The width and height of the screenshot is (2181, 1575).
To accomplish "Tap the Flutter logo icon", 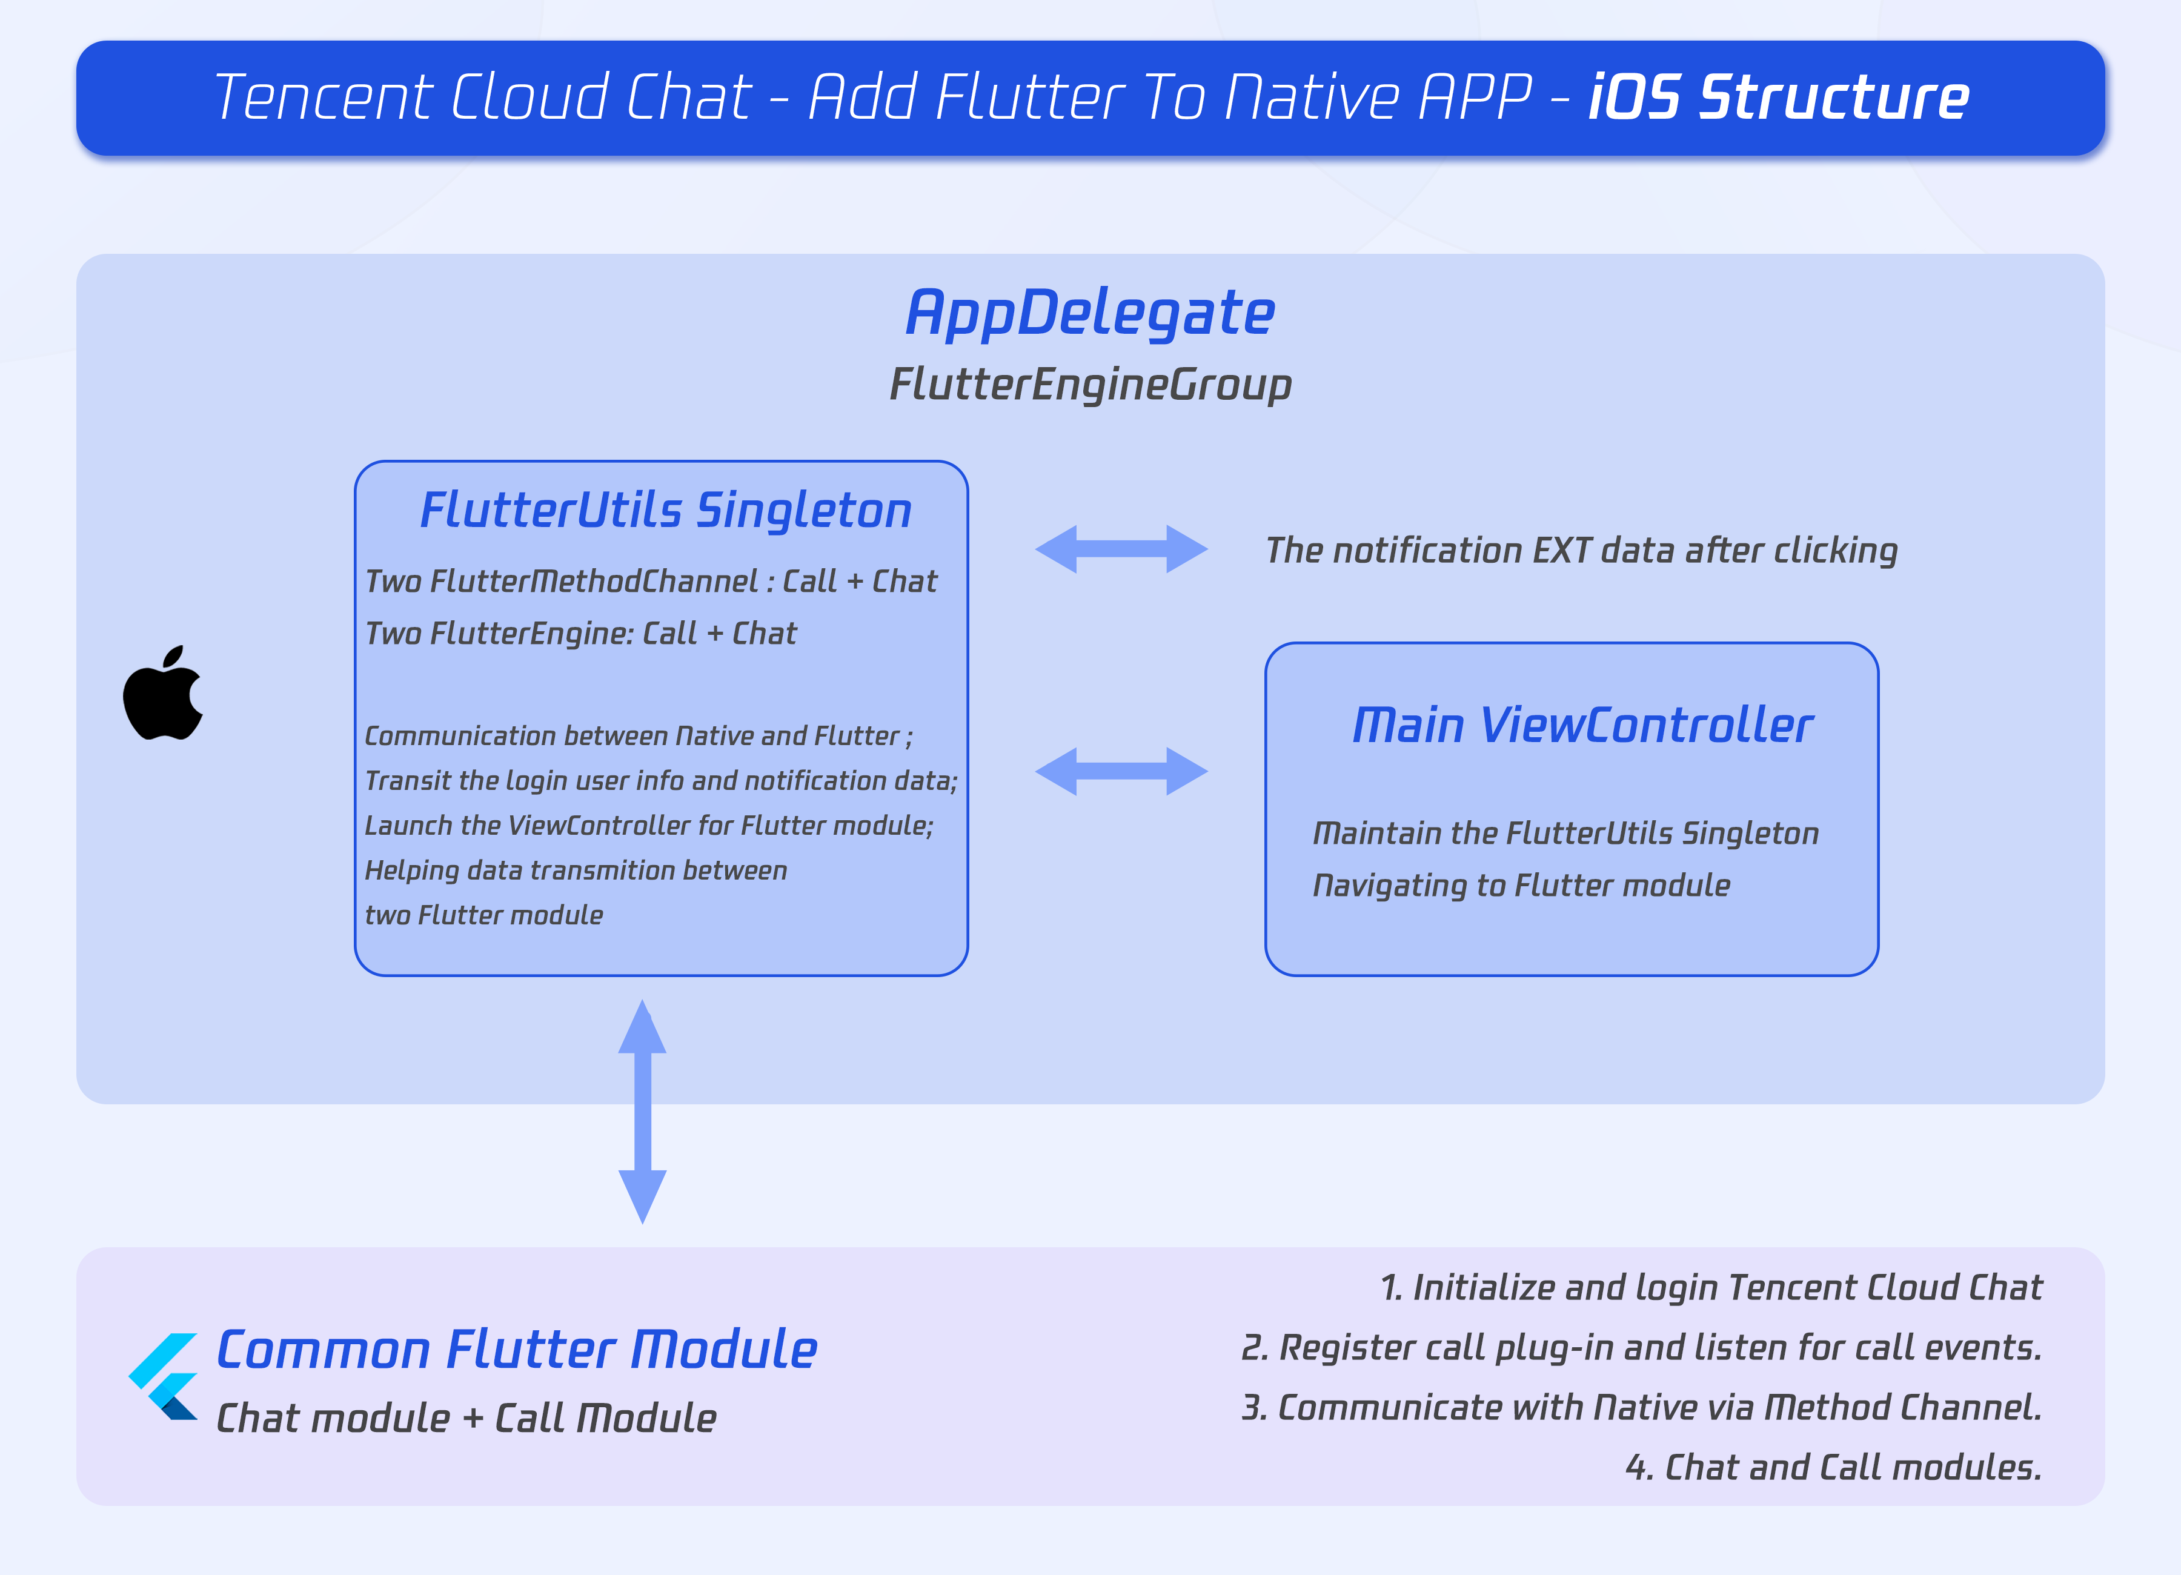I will [x=164, y=1376].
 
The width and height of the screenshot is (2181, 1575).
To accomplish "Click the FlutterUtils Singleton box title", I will [x=665, y=509].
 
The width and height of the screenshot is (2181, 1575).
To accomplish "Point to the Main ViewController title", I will [x=1582, y=725].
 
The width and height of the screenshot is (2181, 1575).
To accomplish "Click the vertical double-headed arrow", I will [x=642, y=1112].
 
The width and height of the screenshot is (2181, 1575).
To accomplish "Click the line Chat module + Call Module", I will [x=466, y=1418].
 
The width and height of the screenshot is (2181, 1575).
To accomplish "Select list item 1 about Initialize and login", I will [x=1711, y=1287].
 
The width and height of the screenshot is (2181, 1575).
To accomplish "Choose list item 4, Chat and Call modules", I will [x=1833, y=1467].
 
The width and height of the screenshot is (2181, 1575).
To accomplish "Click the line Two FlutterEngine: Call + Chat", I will [x=581, y=634].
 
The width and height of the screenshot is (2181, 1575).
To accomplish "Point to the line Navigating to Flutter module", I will [x=1521, y=886].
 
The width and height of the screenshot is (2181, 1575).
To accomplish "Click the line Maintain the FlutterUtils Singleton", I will [x=1565, y=833].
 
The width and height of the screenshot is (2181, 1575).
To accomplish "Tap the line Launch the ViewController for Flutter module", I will [x=649, y=825].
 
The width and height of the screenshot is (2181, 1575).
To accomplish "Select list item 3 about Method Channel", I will [x=1641, y=1408].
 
